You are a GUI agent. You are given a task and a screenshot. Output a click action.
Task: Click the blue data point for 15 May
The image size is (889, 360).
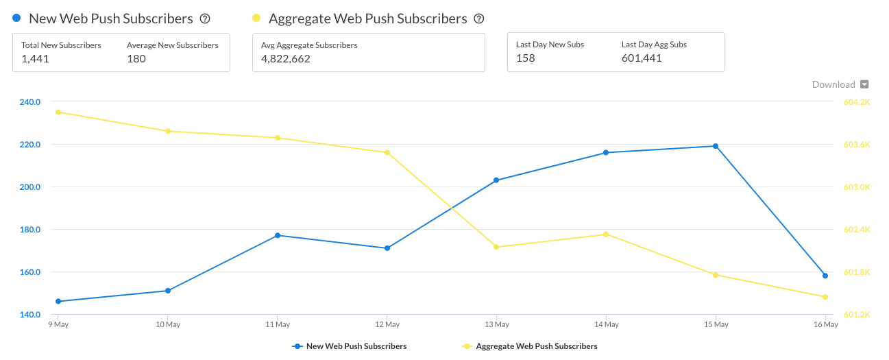pyautogui.click(x=716, y=146)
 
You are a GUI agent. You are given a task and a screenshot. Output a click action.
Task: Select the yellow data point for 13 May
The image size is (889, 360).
pyautogui.click(x=496, y=247)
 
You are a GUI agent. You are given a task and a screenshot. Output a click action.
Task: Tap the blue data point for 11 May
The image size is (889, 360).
pyautogui.click(x=278, y=235)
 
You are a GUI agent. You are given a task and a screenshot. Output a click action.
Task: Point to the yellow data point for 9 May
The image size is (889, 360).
pyautogui.click(x=58, y=112)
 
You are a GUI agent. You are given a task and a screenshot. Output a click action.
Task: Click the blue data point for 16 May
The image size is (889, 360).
pyautogui.click(x=825, y=276)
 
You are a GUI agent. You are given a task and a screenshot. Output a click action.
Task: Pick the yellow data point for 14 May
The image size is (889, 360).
pyautogui.click(x=606, y=235)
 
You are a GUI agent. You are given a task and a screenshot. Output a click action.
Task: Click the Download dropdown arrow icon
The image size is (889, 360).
pyautogui.click(x=864, y=85)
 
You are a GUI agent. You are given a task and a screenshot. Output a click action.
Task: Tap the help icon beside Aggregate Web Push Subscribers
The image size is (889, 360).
pyautogui.click(x=479, y=19)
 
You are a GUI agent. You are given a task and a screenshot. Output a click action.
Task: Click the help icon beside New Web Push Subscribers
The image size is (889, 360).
pyautogui.click(x=204, y=19)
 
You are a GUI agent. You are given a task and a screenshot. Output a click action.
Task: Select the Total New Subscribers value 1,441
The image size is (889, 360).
pyautogui.click(x=35, y=59)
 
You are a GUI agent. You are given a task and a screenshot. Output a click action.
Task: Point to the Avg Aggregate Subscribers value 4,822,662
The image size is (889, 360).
pyautogui.click(x=286, y=59)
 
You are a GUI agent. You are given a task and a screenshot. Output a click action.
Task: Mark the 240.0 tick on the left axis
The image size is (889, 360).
pyautogui.click(x=31, y=102)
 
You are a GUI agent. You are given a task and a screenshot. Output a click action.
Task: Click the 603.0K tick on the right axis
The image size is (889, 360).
pyautogui.click(x=857, y=187)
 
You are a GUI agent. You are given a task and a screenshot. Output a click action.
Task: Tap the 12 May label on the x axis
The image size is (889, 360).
pyautogui.click(x=387, y=325)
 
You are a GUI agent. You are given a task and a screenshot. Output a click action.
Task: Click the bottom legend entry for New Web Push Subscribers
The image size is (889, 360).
pyautogui.click(x=350, y=346)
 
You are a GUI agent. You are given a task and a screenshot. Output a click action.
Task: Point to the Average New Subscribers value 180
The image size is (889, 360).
pyautogui.click(x=136, y=59)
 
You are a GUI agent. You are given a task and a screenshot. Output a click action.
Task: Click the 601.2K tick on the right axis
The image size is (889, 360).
pyautogui.click(x=857, y=315)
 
